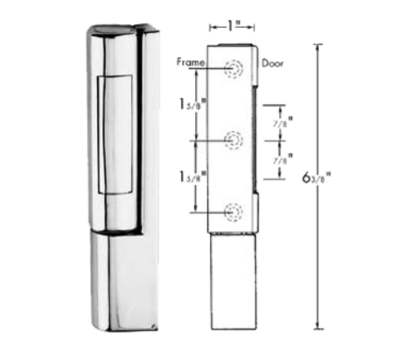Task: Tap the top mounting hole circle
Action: (233, 69)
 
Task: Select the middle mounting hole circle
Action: (233, 140)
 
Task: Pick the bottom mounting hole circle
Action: (233, 211)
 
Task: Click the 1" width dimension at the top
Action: (233, 26)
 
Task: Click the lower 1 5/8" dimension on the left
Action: (190, 176)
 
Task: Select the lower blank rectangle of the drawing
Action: (233, 281)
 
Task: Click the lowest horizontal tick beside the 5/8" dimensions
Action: (275, 179)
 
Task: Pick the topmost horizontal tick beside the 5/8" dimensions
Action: (275, 103)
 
